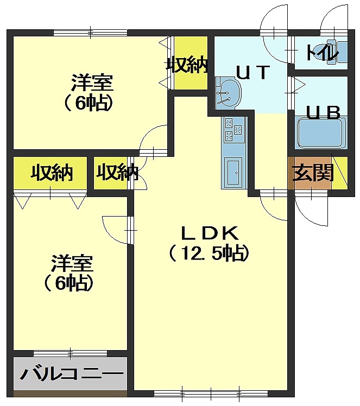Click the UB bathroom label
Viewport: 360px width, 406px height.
pos(323,112)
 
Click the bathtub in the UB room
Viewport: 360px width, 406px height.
pos(322,132)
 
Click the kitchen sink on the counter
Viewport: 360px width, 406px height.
pos(233,172)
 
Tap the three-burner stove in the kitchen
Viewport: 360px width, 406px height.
pos(233,130)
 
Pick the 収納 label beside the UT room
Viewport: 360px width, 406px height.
pos(187,64)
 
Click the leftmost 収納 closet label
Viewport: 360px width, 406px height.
pos(51,172)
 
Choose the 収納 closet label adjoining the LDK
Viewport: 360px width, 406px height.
pos(117,172)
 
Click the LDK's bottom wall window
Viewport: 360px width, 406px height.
pos(211,394)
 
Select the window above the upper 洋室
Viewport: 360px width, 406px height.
pos(90,33)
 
